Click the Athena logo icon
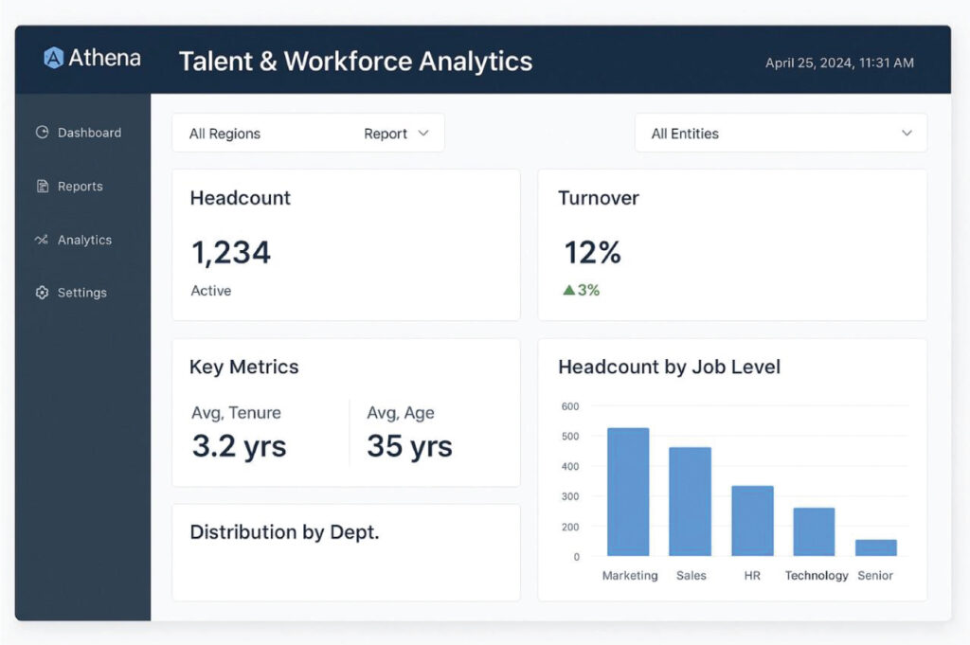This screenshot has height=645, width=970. (x=54, y=58)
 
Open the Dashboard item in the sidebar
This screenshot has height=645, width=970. (x=89, y=133)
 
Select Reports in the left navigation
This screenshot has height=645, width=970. (x=80, y=187)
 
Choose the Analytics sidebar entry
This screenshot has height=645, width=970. (x=84, y=240)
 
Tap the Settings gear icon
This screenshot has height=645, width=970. (x=42, y=293)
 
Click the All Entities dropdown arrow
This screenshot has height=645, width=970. (x=907, y=134)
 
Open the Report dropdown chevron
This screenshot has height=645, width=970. (x=423, y=134)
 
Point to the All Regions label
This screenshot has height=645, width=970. (x=225, y=134)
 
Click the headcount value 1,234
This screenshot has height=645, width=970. (x=231, y=253)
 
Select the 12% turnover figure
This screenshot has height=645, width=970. (x=593, y=253)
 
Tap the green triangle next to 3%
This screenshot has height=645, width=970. (x=568, y=291)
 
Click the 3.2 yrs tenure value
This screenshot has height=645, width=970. (x=239, y=446)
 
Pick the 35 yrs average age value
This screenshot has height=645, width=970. (x=409, y=446)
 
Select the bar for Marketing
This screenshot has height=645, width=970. (x=628, y=493)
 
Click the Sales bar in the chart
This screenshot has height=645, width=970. (x=690, y=502)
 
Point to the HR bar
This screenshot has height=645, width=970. (x=752, y=521)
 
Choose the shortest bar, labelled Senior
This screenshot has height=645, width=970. (x=876, y=547)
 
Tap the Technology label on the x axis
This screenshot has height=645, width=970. (x=817, y=576)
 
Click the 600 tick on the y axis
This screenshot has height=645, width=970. (x=569, y=406)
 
